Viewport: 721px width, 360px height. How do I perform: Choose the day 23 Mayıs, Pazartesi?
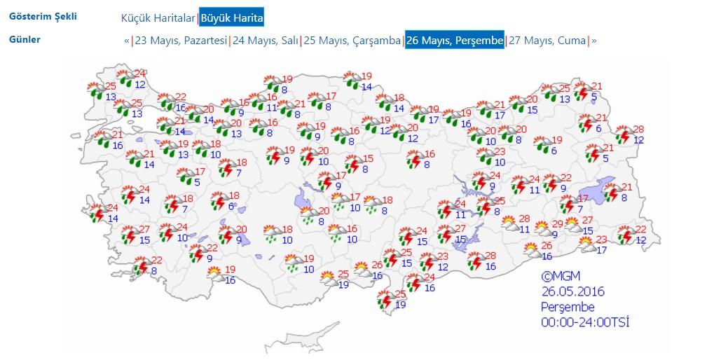(181, 41)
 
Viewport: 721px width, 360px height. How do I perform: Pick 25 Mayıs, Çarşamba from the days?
(352, 41)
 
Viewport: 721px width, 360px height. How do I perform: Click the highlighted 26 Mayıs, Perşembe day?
(454, 41)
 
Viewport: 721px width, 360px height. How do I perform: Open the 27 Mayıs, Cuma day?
(547, 41)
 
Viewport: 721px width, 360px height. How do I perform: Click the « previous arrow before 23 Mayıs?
(127, 41)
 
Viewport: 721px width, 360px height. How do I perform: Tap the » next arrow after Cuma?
(594, 41)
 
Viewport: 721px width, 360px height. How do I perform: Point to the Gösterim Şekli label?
(43, 16)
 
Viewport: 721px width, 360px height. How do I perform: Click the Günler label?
(25, 39)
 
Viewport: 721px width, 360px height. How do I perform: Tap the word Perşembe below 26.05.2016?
(567, 307)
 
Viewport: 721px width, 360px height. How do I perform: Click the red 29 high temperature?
(557, 224)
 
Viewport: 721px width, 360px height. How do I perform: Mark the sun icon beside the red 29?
(542, 228)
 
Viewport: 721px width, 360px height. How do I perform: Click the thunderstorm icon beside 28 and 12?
(623, 135)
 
